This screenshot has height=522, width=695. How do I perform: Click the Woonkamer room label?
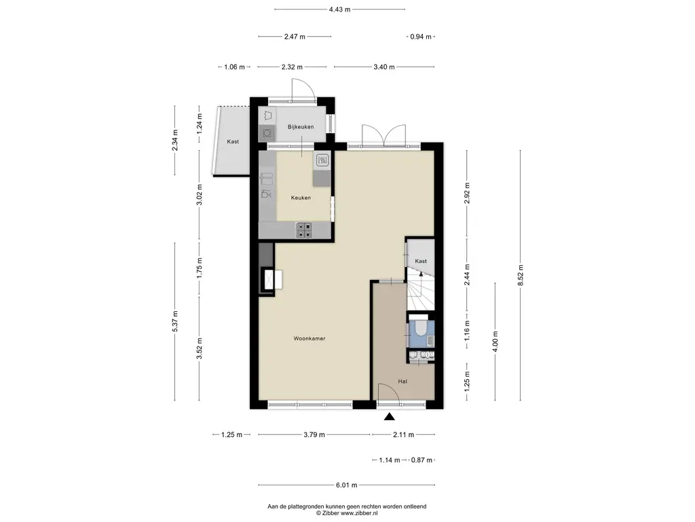(x=309, y=338)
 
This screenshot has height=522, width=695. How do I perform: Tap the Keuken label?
(x=301, y=198)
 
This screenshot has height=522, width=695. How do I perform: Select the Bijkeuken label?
(x=301, y=126)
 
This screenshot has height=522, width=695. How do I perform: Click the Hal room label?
(x=402, y=381)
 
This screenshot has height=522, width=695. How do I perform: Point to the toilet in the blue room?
(x=420, y=328)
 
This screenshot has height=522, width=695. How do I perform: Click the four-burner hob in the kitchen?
(x=303, y=230)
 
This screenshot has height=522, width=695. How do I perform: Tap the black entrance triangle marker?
(x=389, y=417)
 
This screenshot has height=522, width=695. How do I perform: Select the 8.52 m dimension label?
(x=521, y=275)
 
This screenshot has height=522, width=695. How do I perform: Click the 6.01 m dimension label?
(x=346, y=485)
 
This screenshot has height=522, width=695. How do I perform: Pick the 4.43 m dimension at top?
(x=339, y=10)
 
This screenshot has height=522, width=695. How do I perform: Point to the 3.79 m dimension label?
(x=314, y=434)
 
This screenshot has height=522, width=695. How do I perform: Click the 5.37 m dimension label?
(x=175, y=321)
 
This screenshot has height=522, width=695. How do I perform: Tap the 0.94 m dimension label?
(x=420, y=37)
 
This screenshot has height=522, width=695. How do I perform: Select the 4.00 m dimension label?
(x=495, y=341)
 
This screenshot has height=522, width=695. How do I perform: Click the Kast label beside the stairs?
(x=421, y=261)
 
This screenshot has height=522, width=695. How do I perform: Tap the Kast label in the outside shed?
(x=233, y=141)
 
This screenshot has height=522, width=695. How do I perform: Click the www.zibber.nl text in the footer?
(x=359, y=513)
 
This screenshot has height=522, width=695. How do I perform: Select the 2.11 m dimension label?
(x=403, y=434)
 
